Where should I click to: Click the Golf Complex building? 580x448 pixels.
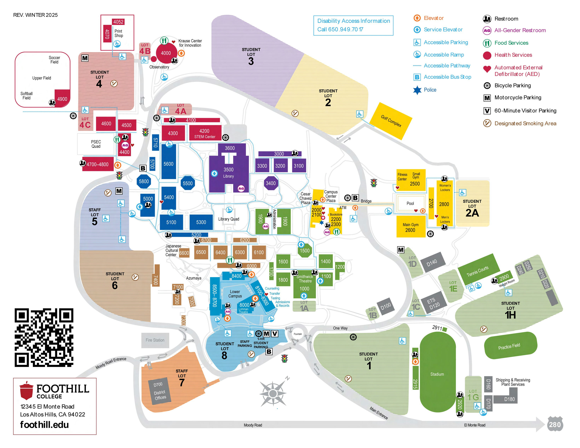pyautogui.click(x=391, y=121)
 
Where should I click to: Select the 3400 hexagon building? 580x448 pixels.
pyautogui.click(x=271, y=183)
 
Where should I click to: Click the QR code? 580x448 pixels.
pyautogui.click(x=44, y=338)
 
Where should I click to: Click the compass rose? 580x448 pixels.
pyautogui.click(x=273, y=393)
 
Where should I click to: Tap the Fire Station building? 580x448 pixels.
pyautogui.click(x=155, y=340)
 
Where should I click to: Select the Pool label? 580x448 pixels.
pyautogui.click(x=410, y=204)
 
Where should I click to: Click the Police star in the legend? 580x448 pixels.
pyautogui.click(x=417, y=90)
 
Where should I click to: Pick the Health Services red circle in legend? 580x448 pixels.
pyautogui.click(x=487, y=55)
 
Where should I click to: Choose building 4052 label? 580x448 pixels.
pyautogui.click(x=118, y=22)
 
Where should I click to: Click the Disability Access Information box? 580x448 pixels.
pyautogui.click(x=353, y=25)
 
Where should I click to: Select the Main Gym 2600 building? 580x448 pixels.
pyautogui.click(x=410, y=227)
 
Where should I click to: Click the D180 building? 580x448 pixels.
pyautogui.click(x=509, y=399)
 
